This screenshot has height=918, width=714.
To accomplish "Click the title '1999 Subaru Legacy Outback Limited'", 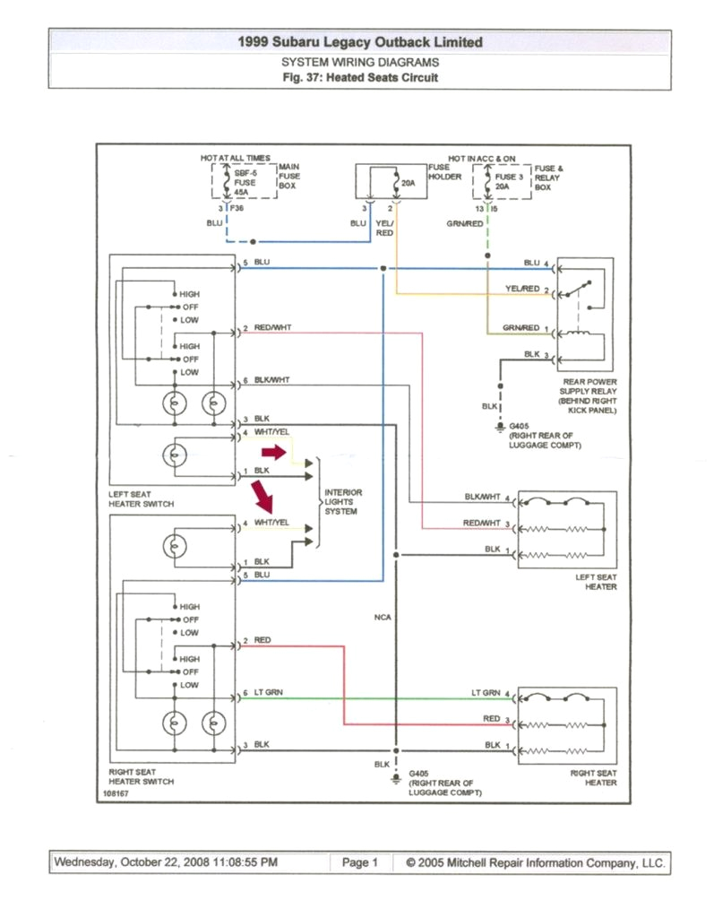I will click(359, 42).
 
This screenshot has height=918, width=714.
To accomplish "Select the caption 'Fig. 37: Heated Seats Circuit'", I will click(359, 78).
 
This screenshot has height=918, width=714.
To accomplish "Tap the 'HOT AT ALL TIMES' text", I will click(235, 158).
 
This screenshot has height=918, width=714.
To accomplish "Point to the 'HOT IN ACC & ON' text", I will click(482, 158).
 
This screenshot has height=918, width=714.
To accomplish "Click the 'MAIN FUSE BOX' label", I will click(289, 177).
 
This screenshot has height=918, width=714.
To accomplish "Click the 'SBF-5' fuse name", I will click(245, 171).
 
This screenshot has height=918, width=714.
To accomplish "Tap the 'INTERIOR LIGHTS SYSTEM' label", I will click(341, 502).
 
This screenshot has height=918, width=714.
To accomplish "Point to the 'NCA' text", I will click(383, 617).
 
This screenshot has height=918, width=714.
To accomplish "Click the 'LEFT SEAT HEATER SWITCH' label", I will click(141, 498).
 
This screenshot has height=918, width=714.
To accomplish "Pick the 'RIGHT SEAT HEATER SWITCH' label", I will click(142, 776).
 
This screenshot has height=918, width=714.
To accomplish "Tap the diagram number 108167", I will click(115, 793).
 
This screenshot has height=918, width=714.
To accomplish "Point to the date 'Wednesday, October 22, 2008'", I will click(133, 862).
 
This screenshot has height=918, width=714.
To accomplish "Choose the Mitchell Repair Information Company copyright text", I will click(535, 862).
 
